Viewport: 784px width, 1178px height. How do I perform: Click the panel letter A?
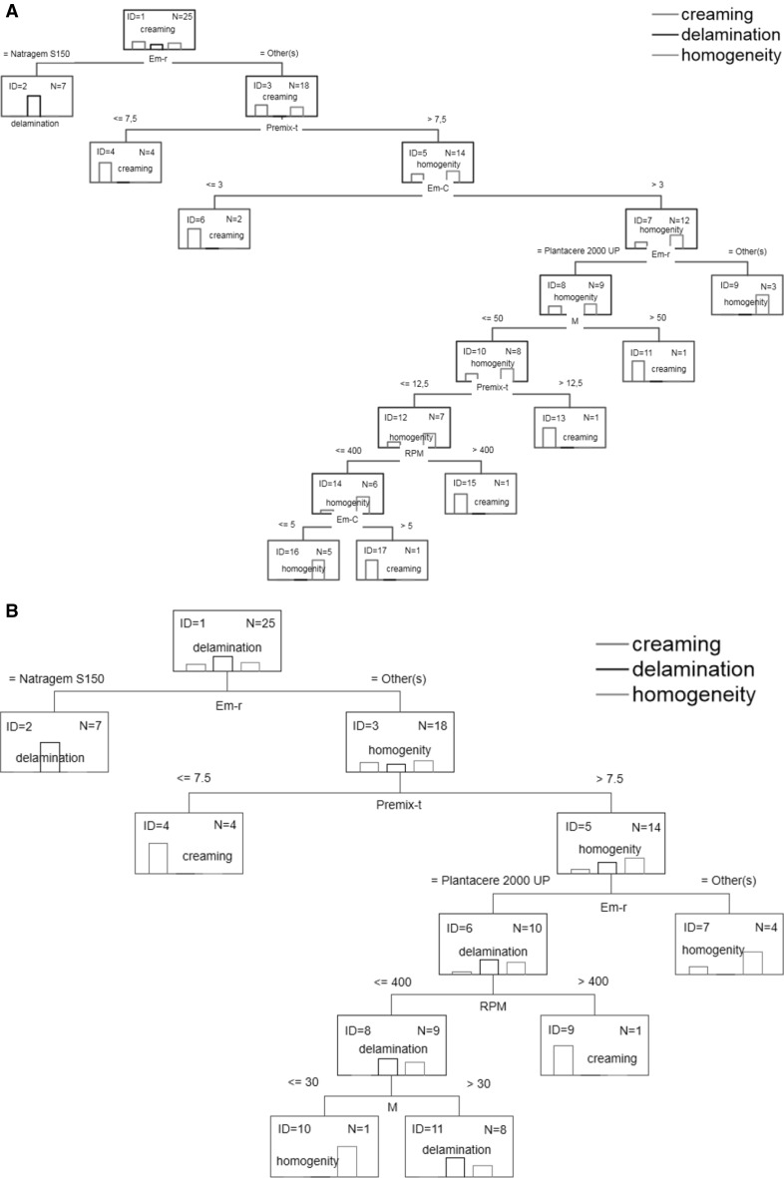9,9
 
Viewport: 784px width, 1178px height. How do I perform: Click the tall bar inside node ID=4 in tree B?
157,858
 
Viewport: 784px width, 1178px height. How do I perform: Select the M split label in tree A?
575,322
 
